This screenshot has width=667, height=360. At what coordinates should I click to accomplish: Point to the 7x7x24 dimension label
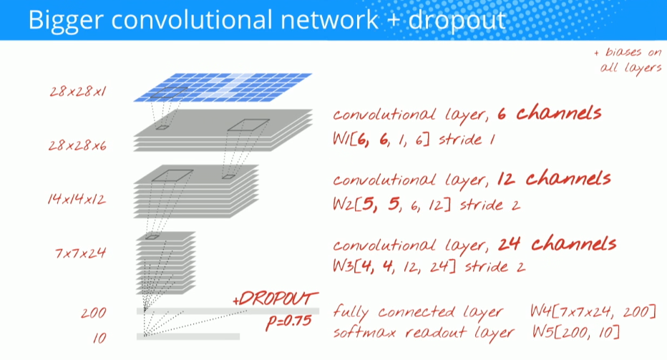[x=76, y=252]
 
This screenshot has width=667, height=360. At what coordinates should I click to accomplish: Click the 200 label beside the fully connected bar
[x=93, y=313]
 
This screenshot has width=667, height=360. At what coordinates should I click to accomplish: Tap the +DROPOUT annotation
[x=276, y=299]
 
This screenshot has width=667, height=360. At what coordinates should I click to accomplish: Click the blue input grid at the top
[x=223, y=85]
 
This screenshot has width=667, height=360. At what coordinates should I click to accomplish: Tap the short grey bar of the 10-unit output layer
[x=188, y=336]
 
